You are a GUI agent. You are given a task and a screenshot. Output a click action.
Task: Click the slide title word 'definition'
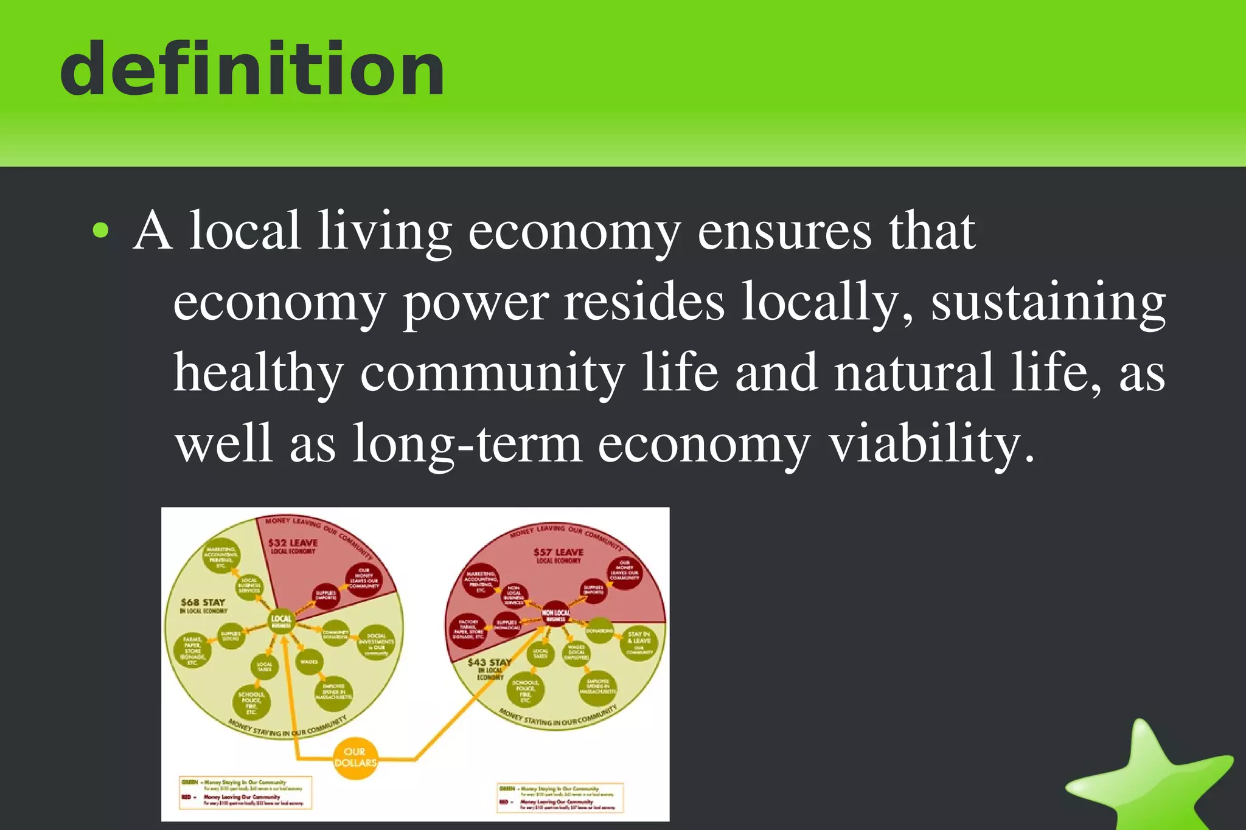tap(252, 68)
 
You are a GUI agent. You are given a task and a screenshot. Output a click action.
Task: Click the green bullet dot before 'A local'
tap(100, 231)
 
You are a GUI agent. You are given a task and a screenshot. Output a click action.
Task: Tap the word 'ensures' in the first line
tap(784, 231)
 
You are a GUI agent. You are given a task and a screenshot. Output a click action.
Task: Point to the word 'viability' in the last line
tap(931, 444)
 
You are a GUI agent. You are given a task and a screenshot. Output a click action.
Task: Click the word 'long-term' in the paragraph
tap(467, 444)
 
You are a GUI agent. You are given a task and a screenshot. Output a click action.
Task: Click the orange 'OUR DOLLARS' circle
tap(355, 758)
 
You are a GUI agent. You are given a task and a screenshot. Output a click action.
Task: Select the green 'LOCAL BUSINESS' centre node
tap(281, 621)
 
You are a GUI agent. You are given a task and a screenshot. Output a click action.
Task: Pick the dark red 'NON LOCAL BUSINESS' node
tap(555, 615)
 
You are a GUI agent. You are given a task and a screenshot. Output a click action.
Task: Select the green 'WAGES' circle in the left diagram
tap(309, 662)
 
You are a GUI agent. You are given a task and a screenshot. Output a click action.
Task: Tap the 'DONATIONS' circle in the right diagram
tap(599, 632)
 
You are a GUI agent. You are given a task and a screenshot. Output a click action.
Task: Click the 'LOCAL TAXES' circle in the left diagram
tap(265, 667)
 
